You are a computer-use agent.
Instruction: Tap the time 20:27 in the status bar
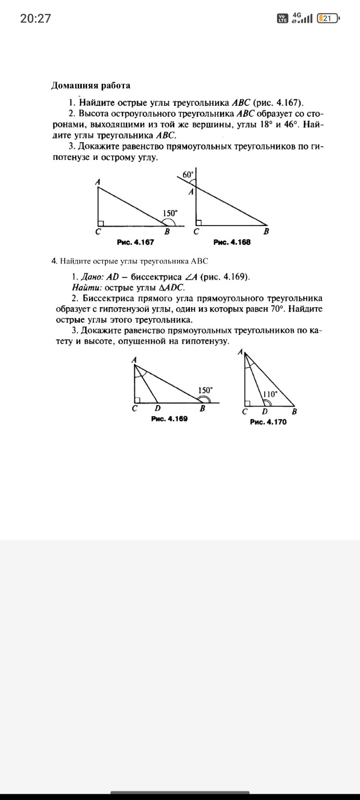coord(35,19)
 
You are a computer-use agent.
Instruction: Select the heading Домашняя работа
coord(91,85)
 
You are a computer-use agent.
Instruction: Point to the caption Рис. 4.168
coord(232,242)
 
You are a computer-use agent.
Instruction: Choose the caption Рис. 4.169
coord(169,418)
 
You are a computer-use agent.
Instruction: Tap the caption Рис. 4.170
coord(268,422)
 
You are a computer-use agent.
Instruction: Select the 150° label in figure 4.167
coord(170,213)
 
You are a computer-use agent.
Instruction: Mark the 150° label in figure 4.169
coord(205,390)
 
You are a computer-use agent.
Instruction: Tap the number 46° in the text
coord(290,125)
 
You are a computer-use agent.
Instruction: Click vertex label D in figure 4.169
coord(157,409)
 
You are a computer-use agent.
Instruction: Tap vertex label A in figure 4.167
coord(97,181)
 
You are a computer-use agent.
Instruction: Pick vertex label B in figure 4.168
coord(266,232)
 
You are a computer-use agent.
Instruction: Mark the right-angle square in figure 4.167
coord(101,223)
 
